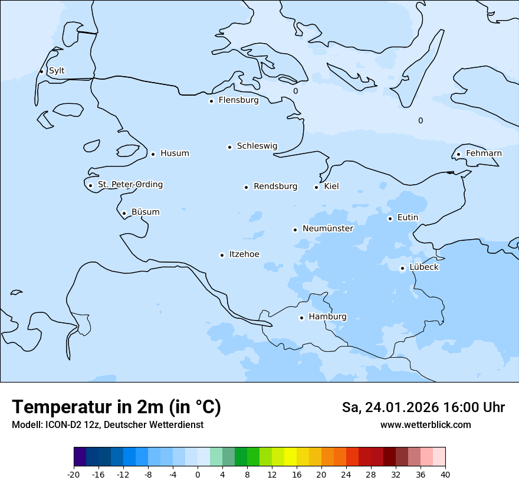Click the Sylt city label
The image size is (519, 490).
pos(57,71)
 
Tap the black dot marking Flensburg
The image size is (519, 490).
pos(211,101)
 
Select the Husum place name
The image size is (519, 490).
pos(175,153)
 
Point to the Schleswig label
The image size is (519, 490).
pos(257,146)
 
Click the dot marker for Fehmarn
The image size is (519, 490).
pos(458,155)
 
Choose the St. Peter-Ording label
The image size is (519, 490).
pos(130,185)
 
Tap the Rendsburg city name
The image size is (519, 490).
pos(275,187)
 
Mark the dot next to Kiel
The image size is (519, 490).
pos(316,187)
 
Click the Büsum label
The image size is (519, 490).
pos(145,212)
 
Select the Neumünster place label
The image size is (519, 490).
pos(328,228)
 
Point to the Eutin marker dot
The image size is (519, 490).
pos(390,218)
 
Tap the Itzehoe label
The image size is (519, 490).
pos(244,254)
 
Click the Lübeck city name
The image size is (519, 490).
pos(424,267)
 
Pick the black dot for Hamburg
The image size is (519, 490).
pos(301,318)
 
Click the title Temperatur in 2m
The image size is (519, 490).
pos(116,407)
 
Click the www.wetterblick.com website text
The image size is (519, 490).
pos(425,425)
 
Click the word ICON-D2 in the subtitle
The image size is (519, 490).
pos(60,425)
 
